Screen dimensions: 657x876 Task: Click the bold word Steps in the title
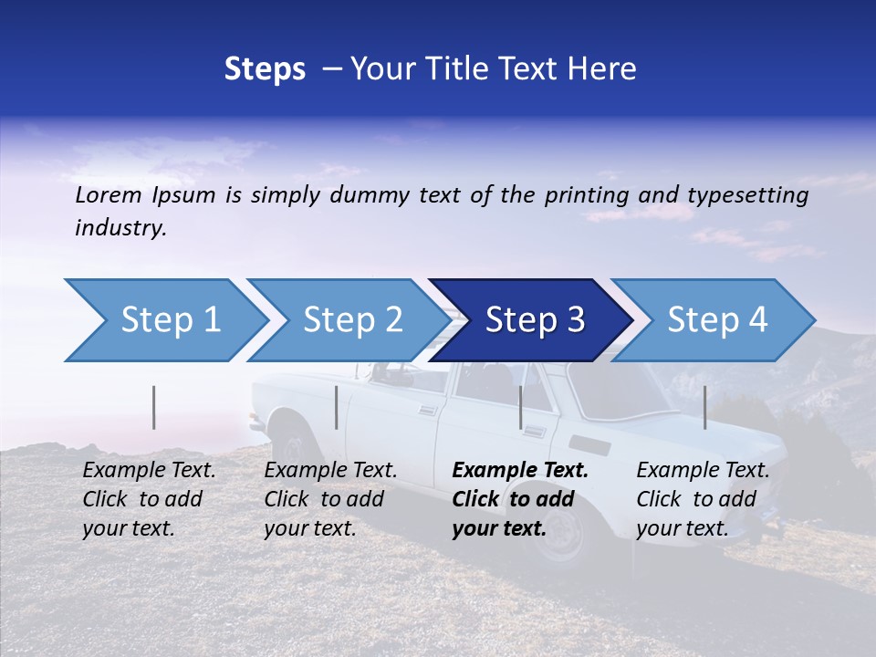265,69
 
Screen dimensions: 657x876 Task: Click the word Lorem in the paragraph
109,195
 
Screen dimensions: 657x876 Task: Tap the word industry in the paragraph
120,228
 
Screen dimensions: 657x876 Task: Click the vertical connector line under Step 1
154,407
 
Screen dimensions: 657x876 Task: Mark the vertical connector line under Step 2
337,407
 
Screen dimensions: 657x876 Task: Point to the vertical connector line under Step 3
521,407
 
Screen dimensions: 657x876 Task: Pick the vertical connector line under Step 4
704,407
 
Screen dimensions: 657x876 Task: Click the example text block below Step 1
149,499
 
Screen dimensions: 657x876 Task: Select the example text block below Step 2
330,499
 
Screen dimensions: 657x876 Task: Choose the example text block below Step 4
703,499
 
